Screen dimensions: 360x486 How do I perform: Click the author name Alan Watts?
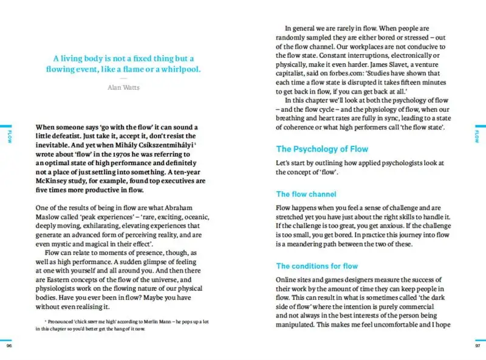coord(123,87)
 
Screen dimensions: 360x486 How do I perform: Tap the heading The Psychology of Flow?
coord(322,149)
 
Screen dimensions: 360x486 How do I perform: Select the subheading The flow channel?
coord(306,194)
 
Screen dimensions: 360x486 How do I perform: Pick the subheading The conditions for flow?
coord(317,266)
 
